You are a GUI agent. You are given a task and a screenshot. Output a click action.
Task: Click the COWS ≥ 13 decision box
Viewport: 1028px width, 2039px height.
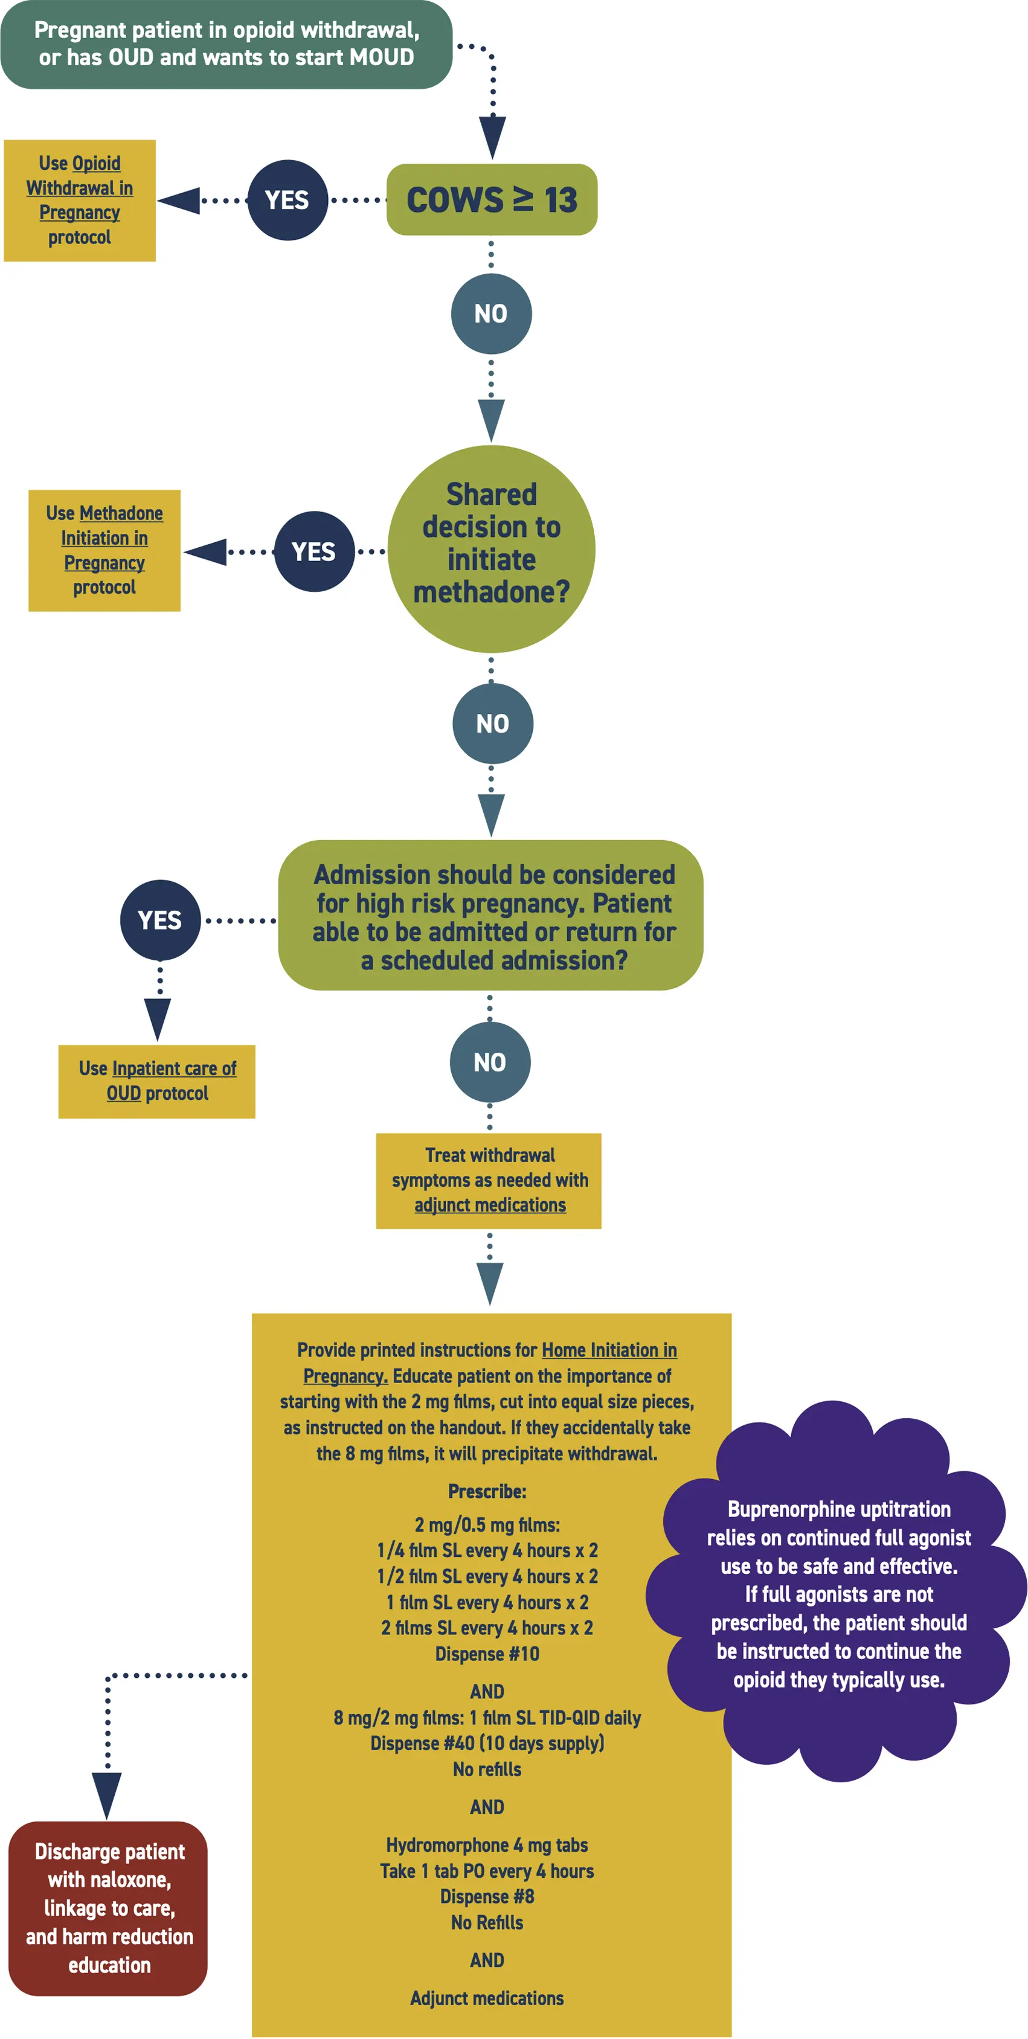pyautogui.click(x=492, y=199)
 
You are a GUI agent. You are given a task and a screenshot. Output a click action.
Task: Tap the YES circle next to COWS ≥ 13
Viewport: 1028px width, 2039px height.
pyautogui.click(x=288, y=201)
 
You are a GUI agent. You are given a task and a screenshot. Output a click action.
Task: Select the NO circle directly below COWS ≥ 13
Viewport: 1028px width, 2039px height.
pyautogui.click(x=490, y=313)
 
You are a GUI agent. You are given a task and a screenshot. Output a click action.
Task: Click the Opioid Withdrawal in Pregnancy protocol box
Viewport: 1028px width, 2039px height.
pyautogui.click(x=79, y=201)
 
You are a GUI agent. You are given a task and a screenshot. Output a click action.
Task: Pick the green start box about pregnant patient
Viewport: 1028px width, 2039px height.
pyautogui.click(x=226, y=44)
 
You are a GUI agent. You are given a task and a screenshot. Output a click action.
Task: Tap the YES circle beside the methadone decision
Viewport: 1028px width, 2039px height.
pyautogui.click(x=313, y=551)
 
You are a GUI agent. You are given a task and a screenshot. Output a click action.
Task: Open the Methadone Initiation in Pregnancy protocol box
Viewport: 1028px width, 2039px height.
pyautogui.click(x=104, y=550)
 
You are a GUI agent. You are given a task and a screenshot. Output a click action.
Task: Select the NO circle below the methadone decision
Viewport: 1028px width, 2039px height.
pyautogui.click(x=492, y=723)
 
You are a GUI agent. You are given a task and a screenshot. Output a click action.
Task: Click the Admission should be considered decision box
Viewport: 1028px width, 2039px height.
pyautogui.click(x=490, y=915)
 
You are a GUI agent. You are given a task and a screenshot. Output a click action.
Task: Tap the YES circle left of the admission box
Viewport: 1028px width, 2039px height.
pyautogui.click(x=160, y=920)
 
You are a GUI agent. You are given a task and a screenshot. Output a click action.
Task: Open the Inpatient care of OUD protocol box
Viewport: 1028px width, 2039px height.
pyautogui.click(x=156, y=1081)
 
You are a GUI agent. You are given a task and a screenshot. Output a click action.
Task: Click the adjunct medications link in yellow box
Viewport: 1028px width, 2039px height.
pyautogui.click(x=490, y=1205)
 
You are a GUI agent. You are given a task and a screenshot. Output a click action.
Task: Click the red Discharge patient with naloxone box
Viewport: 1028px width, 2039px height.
pyautogui.click(x=109, y=1907)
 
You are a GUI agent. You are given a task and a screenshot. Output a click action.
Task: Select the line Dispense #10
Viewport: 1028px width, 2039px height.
pyautogui.click(x=487, y=1654)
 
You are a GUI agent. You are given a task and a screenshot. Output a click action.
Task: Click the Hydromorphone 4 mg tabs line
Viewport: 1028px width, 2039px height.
pyautogui.click(x=487, y=1845)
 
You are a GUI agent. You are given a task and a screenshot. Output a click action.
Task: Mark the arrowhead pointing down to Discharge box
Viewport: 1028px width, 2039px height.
pyautogui.click(x=107, y=1794)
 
